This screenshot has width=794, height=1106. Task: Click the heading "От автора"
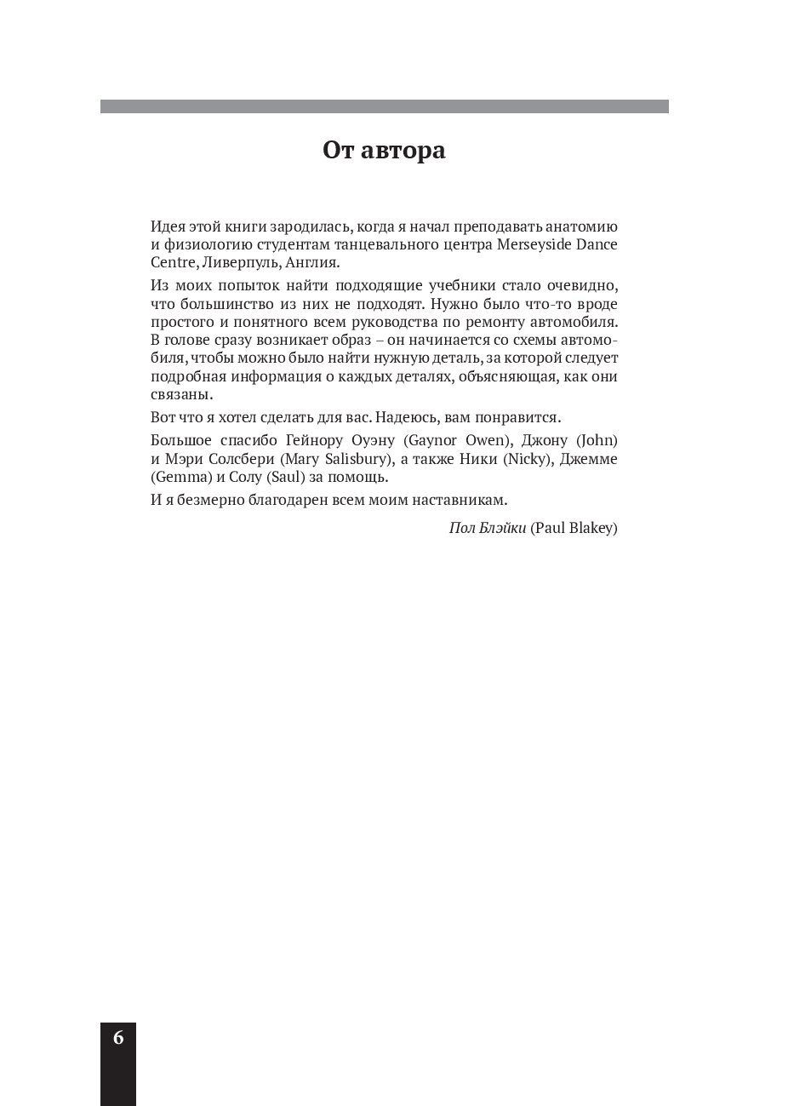(x=384, y=151)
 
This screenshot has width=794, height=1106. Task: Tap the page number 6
(x=118, y=1037)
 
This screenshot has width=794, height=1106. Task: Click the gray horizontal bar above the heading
(x=384, y=106)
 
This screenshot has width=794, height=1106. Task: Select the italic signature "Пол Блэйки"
(x=487, y=528)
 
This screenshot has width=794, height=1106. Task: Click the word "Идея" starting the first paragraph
(x=167, y=226)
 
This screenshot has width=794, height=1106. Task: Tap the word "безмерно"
(x=205, y=499)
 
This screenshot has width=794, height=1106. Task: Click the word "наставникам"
(x=460, y=499)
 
